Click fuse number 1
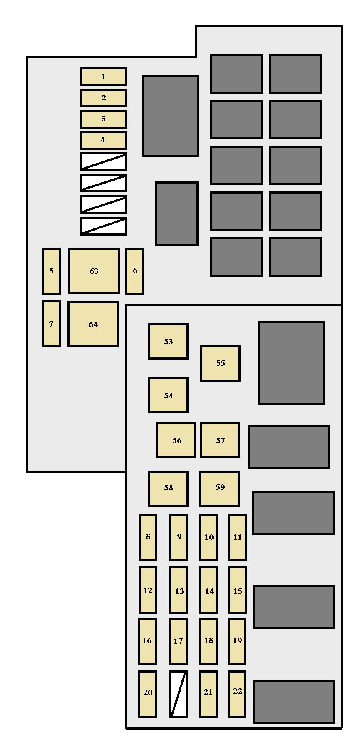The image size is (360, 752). tap(104, 77)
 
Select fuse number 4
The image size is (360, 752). tap(104, 140)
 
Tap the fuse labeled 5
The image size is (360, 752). tap(51, 271)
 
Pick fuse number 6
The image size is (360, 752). tap(135, 271)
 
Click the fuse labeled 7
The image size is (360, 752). tap(51, 324)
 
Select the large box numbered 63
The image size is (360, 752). tap(94, 271)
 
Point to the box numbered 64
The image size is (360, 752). tap(93, 324)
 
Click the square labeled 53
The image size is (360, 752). tap(169, 341)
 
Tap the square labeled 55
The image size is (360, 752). tap(221, 363)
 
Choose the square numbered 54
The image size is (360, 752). tap(169, 395)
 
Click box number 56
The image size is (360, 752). tap(176, 440)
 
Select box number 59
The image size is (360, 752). tap(220, 489)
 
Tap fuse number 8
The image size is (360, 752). tap(148, 538)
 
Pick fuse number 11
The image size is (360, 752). tap(237, 538)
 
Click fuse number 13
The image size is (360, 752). tap(179, 590)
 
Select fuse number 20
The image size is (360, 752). tap(148, 694)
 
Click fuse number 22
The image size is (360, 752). tap(237, 694)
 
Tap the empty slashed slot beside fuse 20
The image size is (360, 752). tap(179, 694)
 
